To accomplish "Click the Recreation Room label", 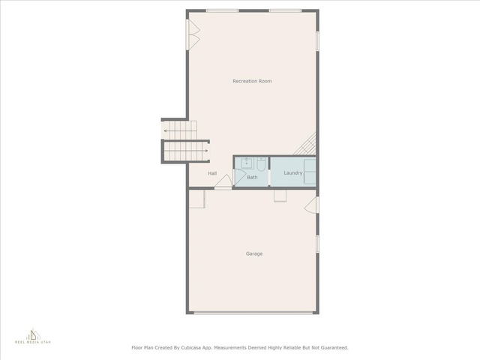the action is coord(252,81).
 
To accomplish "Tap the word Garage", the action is coord(254,253).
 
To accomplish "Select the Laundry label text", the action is coord(293,173).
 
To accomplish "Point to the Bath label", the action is coord(252,177).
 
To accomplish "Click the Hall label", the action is coord(212,173).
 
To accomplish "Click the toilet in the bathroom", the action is coord(261,163).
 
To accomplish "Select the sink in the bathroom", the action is coord(247,163).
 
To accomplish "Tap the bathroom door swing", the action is coord(239,178).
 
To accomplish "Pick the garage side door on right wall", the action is coord(311,205).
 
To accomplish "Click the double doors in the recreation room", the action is coord(193,35).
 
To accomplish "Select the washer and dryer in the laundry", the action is coord(310,172).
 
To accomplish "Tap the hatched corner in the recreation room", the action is coord(305,144).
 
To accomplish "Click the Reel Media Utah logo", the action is coord(33,336).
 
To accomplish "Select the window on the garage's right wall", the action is coord(317,244).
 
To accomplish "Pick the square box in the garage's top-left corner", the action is coord(196,199).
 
